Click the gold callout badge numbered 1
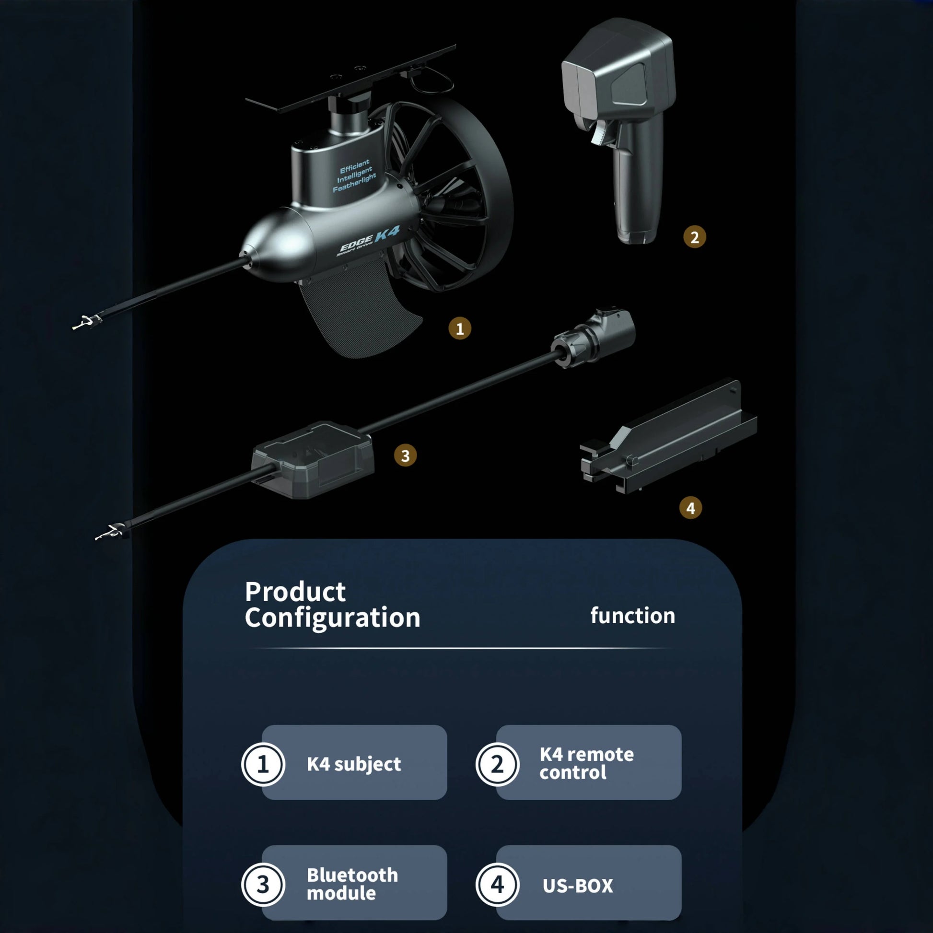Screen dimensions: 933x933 tap(460, 328)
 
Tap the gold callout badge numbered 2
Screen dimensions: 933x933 tap(694, 237)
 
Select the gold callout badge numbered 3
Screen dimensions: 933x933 tap(405, 455)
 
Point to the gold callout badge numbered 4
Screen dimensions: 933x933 tap(690, 508)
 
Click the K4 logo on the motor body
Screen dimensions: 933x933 tap(387, 234)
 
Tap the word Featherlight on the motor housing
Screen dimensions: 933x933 tap(354, 183)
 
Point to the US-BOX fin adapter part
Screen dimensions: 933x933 tap(668, 437)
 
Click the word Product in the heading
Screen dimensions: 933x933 tap(295, 592)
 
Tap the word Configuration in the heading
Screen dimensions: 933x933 tap(332, 618)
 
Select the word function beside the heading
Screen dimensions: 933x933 tap(632, 616)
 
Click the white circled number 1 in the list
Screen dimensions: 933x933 tap(263, 764)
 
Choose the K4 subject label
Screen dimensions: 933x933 tap(354, 764)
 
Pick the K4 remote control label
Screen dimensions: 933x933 tap(587, 763)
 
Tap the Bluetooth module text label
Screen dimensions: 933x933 tap(352, 884)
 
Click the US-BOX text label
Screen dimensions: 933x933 tap(578, 886)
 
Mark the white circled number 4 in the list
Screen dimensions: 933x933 tap(497, 885)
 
